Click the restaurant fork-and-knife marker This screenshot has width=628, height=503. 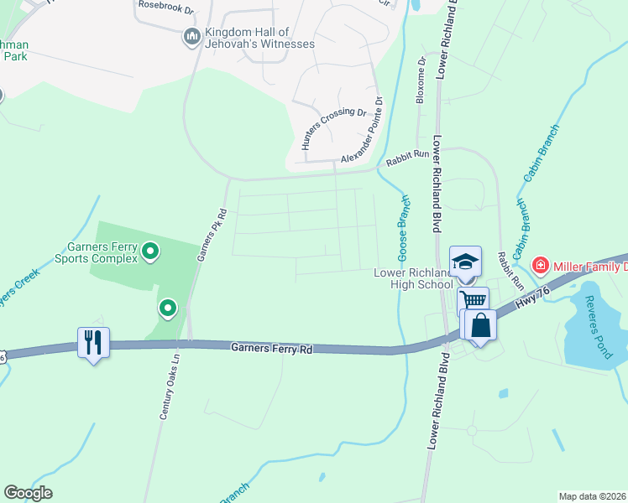click(x=93, y=341)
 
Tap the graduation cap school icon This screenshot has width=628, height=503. click(x=466, y=260)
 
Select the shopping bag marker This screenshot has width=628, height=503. click(x=481, y=324)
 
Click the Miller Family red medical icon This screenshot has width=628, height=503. click(x=540, y=266)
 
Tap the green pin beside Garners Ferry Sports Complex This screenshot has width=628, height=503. click(x=150, y=250)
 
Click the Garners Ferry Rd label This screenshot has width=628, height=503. click(x=271, y=349)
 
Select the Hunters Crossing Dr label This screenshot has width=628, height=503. click(x=335, y=130)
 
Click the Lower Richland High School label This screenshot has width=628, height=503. click(x=412, y=278)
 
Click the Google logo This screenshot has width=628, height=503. click(x=28, y=493)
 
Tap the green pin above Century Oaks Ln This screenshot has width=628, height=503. click(x=168, y=309)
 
